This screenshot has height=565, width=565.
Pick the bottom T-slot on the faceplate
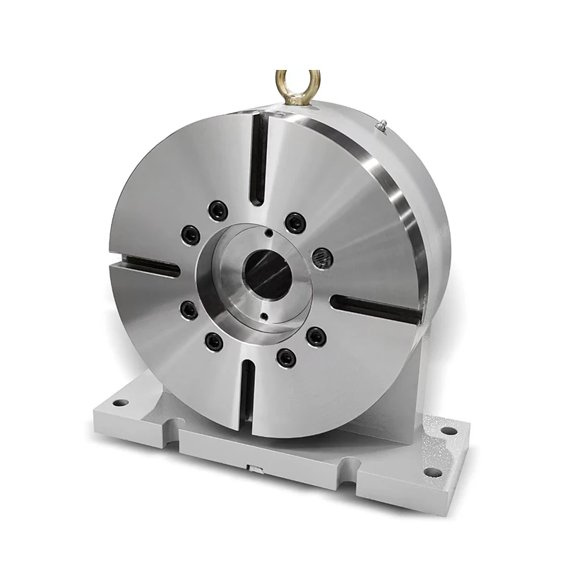click(248, 399)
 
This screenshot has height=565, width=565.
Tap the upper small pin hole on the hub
click(269, 232)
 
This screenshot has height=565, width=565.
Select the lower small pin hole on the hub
click(262, 316)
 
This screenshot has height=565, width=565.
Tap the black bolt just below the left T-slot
click(188, 308)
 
